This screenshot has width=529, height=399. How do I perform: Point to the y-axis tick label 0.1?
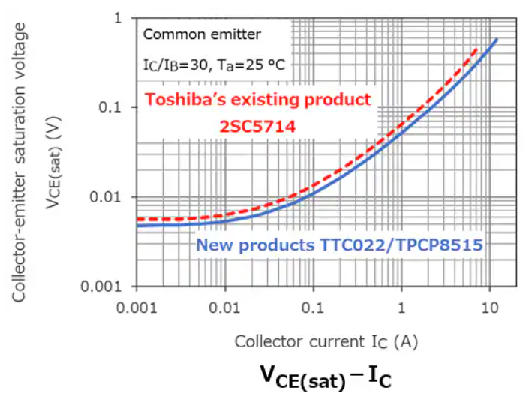(x=113, y=108)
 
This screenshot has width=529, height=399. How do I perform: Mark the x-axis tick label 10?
(x=491, y=307)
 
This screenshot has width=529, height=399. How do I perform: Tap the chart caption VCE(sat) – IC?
(x=326, y=375)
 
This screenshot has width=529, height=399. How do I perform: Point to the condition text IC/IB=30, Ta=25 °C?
(x=213, y=65)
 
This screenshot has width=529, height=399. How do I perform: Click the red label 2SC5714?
(x=258, y=127)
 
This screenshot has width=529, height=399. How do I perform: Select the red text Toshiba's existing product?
(x=257, y=99)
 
